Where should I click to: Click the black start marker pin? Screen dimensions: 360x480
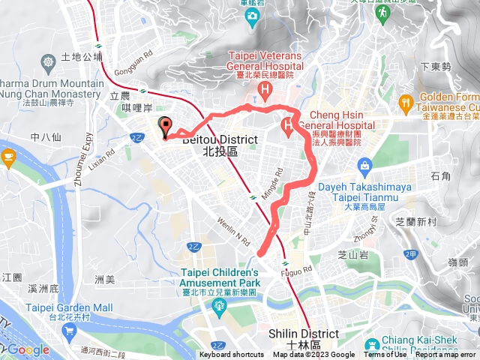point(165,127)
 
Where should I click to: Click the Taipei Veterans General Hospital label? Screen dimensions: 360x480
point(265,61)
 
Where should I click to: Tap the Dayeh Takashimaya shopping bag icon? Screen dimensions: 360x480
point(364,164)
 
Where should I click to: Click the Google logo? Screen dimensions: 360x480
point(28,349)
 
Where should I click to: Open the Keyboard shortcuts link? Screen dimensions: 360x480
point(232,355)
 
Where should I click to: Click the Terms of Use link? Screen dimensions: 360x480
point(385,355)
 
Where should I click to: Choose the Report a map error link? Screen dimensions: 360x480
point(445,355)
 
